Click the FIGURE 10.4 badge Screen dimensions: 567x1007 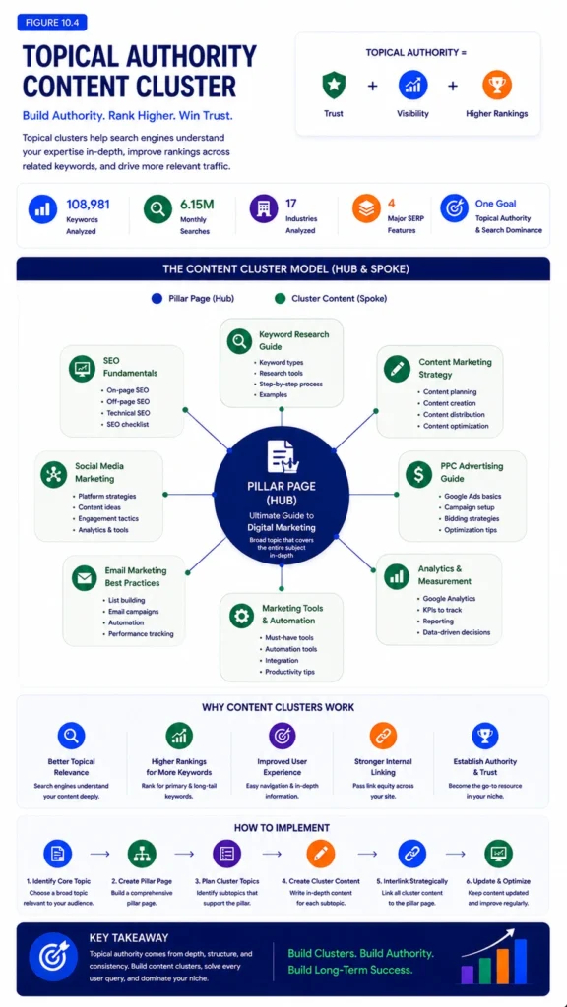coord(52,23)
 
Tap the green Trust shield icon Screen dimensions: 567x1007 coord(334,86)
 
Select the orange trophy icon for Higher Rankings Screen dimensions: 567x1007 coord(496,86)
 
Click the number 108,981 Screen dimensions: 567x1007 coord(88,205)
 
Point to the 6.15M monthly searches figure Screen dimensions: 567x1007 coord(197,205)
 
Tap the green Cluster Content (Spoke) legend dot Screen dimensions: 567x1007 coord(279,299)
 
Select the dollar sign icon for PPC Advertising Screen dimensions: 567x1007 coord(419,473)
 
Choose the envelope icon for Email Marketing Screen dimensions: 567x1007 coord(84,577)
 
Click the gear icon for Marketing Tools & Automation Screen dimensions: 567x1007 coord(242,616)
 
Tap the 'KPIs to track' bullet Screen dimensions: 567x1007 coord(438,610)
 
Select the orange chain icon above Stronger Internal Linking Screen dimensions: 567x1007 coord(383,736)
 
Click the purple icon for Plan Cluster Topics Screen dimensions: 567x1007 coord(227,854)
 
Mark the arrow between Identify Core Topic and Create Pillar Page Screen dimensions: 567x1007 coord(99,855)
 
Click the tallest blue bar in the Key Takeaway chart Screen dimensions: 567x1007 coord(520,962)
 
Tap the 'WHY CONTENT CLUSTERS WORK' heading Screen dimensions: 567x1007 coord(279,708)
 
